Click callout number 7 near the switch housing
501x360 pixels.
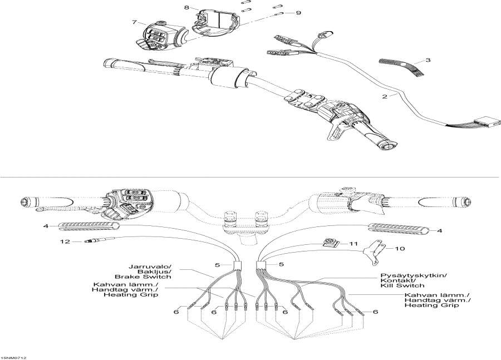134,22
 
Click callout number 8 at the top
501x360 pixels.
186,8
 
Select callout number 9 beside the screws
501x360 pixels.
298,12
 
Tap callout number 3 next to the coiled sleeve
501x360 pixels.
428,59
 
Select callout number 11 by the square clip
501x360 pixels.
369,244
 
